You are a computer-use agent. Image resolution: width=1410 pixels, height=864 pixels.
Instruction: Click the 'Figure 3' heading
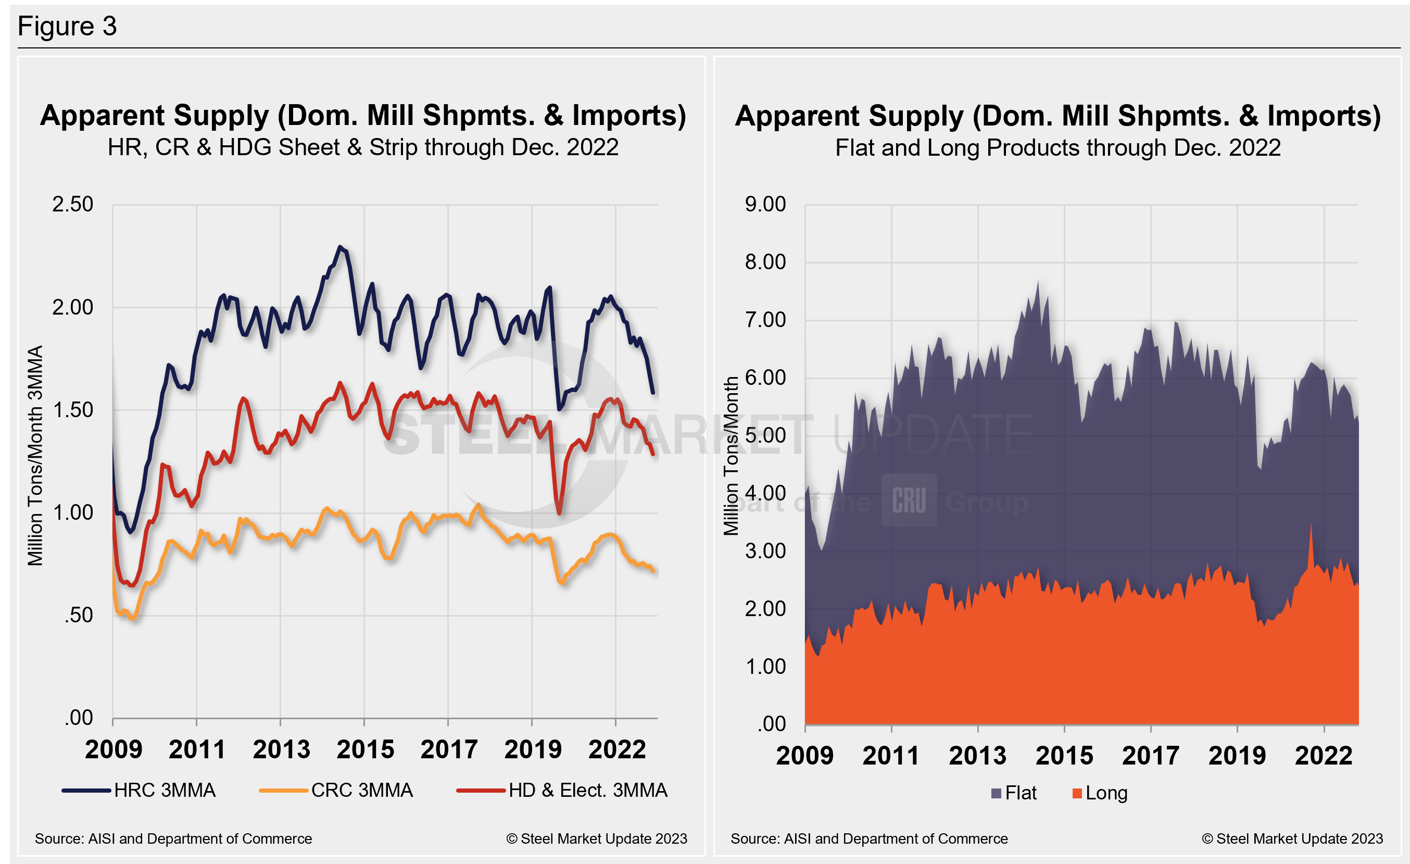coord(67,27)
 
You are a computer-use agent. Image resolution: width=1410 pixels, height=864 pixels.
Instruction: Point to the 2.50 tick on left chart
coord(73,204)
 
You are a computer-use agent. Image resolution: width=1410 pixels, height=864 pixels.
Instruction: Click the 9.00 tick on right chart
coord(765,204)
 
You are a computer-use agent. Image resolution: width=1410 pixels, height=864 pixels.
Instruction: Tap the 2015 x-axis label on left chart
coord(365,749)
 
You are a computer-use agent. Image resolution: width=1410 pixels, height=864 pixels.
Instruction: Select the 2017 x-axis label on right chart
coord(1150,755)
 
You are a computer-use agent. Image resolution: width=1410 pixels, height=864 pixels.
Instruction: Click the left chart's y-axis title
coord(35,456)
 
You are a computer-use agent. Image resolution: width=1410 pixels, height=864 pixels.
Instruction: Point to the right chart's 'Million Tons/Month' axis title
coord(731,456)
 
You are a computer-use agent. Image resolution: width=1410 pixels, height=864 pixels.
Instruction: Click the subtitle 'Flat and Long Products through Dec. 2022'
coord(1057,147)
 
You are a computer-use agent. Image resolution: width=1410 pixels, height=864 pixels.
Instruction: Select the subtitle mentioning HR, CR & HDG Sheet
coord(363,147)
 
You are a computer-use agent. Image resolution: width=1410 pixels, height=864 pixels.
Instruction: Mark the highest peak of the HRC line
coord(340,247)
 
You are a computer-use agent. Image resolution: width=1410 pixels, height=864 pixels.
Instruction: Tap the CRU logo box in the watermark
coord(909,500)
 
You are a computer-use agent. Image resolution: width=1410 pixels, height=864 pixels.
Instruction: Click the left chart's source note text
coord(173,839)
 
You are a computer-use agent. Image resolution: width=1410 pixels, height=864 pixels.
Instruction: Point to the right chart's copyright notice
coord(1292,839)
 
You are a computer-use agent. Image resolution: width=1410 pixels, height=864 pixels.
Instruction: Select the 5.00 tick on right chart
coord(765,435)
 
